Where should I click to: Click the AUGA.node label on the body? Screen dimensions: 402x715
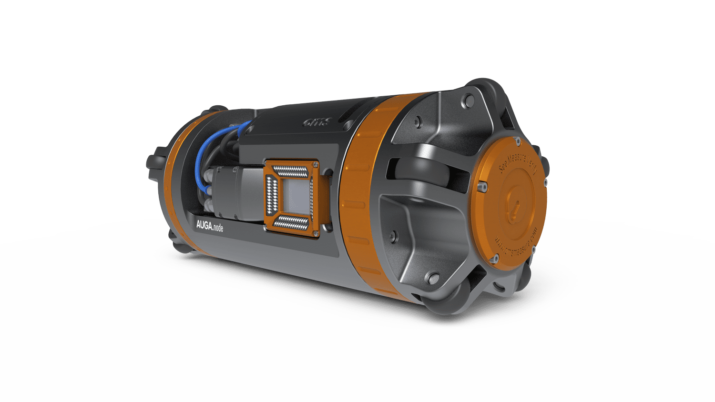(209, 227)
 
